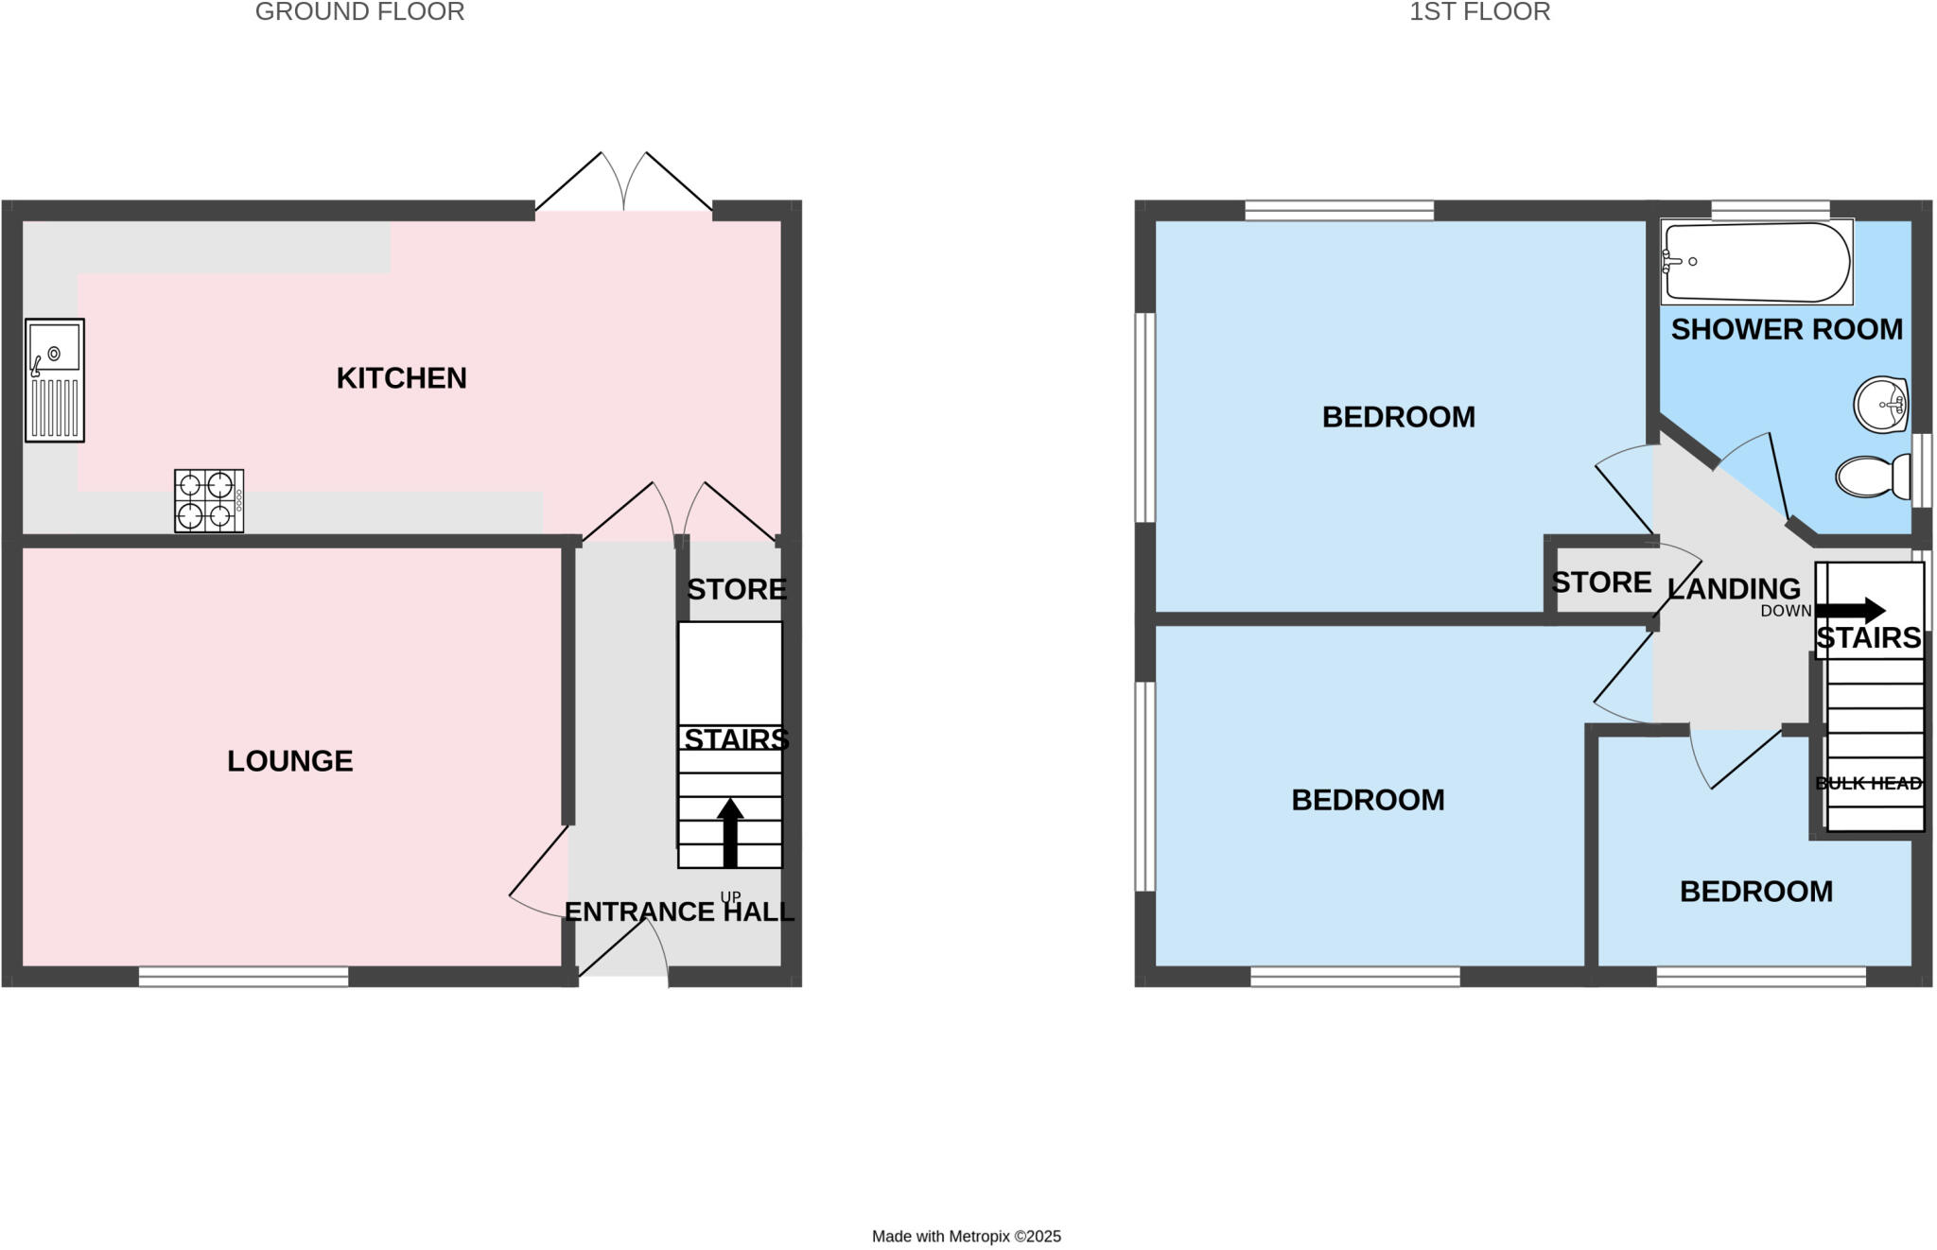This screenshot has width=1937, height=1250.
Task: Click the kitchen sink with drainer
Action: pos(54,380)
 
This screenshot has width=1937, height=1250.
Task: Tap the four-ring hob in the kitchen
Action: pos(209,500)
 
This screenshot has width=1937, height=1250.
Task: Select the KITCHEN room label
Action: pos(401,378)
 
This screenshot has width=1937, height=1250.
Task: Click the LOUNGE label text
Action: pos(289,761)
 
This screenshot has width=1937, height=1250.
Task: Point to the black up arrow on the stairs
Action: pos(730,832)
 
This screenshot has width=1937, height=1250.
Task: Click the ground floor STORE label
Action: pos(736,590)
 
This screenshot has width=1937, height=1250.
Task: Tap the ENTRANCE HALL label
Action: pos(679,912)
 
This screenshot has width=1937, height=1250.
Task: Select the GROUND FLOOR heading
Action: pos(359,12)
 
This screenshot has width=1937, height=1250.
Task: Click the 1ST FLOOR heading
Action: pos(1479,12)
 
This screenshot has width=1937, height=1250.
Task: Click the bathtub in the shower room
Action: pos(1756,262)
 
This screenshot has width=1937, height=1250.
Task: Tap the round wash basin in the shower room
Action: pos(1880,405)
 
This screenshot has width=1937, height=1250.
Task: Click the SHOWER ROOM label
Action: pos(1786,330)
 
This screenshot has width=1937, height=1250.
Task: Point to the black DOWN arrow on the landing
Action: pos(1850,610)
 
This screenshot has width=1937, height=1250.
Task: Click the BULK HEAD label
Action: pos(1868,784)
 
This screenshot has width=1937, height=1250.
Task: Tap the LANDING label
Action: pos(1734,589)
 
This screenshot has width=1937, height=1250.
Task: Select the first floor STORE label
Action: pos(1600,582)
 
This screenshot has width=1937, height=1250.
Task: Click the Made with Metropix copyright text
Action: pos(966,1236)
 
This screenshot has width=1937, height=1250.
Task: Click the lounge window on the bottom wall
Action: pos(243,977)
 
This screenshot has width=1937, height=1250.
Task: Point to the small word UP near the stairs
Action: pos(730,896)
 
